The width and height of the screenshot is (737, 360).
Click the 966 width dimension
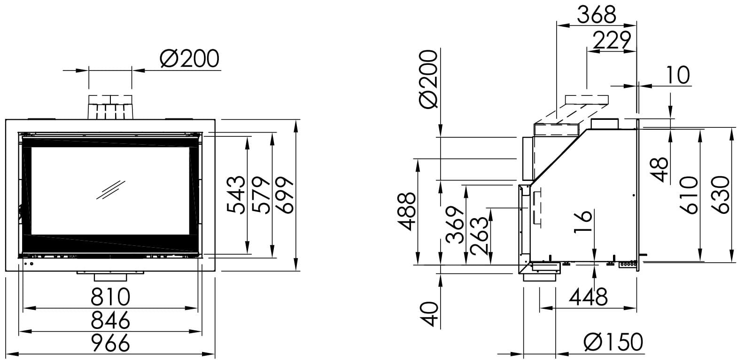[x=110, y=343]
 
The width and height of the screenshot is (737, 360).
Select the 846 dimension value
[x=110, y=320]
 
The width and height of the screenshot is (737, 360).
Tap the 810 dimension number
[x=110, y=297]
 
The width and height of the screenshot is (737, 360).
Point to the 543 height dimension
[x=236, y=195]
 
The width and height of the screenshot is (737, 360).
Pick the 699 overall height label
[x=284, y=195]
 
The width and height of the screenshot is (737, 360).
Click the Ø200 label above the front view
[x=189, y=59]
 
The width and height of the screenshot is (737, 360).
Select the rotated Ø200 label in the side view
[x=429, y=79]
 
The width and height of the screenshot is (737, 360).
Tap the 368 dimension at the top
[x=597, y=15]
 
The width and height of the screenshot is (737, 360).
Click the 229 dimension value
[x=612, y=40]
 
